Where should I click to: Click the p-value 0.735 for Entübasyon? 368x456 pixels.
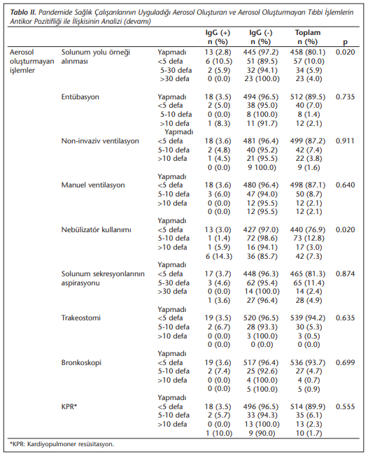coord(345,97)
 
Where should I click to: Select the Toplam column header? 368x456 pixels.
coord(308,37)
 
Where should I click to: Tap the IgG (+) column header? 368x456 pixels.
coord(218,37)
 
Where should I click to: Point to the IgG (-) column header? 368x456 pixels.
coord(261,37)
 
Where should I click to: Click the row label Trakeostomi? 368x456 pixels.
coord(81,318)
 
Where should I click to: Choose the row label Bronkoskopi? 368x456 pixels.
coord(81,363)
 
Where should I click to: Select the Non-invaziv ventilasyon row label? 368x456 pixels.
coord(100,141)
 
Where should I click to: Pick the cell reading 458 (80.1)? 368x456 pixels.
coord(308,52)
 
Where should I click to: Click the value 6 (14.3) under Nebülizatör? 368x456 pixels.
coord(219,257)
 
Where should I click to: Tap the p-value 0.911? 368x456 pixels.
coord(345,141)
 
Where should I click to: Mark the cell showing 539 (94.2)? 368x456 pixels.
coord(308,318)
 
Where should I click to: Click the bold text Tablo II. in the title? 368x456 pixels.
coord(23,13)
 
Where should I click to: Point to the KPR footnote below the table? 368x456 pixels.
coord(62,444)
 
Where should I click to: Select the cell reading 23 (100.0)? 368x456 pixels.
coord(262,79)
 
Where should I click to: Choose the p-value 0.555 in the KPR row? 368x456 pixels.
coord(345,406)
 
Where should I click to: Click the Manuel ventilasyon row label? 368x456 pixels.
coord(93,185)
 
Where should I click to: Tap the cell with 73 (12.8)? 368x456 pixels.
coord(309,238)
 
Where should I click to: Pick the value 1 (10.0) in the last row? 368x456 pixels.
coord(219,434)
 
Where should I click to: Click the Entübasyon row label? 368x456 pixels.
coord(80,97)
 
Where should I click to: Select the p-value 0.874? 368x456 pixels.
coord(345,274)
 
